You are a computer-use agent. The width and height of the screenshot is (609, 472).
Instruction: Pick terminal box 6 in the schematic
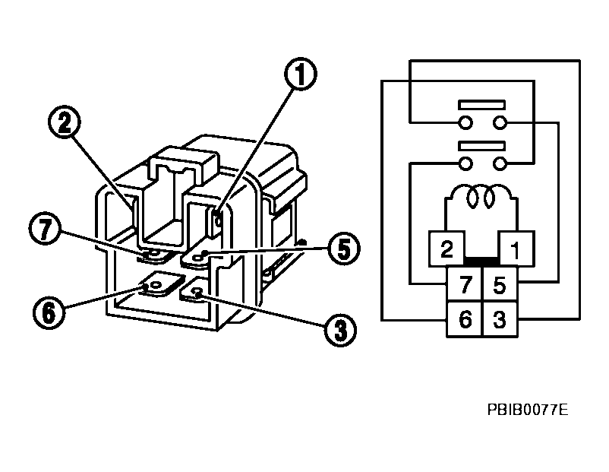[465, 319]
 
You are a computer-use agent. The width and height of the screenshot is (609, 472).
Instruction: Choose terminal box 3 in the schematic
[499, 319]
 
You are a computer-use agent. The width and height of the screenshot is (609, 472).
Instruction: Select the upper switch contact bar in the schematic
[481, 104]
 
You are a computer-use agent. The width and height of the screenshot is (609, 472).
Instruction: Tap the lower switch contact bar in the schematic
[481, 144]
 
